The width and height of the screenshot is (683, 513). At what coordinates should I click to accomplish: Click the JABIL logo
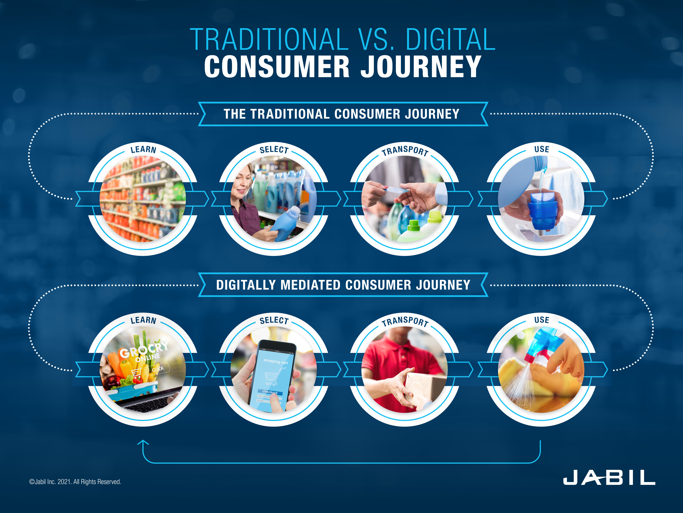tap(609, 478)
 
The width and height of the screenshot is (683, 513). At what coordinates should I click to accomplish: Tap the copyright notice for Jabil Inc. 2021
tap(75, 482)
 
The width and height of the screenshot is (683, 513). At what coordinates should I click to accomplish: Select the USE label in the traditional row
tap(542, 149)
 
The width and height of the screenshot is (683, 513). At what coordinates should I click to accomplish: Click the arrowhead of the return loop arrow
tap(143, 442)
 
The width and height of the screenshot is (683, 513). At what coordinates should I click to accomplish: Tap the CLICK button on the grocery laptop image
tap(158, 369)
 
